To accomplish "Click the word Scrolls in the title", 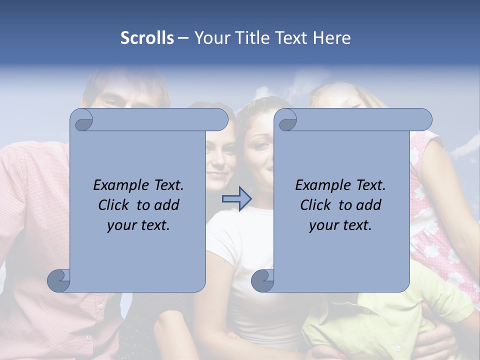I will click(147, 38).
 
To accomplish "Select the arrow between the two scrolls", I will click(236, 199).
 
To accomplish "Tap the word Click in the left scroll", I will click(114, 205).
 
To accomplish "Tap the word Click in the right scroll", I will click(315, 205).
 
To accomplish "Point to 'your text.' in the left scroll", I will click(138, 225).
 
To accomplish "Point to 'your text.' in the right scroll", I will click(340, 225).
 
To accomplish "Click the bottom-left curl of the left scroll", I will click(59, 281).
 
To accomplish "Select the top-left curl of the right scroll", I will click(286, 120).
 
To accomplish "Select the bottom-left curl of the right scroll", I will click(262, 281).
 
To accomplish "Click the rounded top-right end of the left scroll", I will click(220, 119).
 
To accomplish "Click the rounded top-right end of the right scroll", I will click(424, 119).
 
